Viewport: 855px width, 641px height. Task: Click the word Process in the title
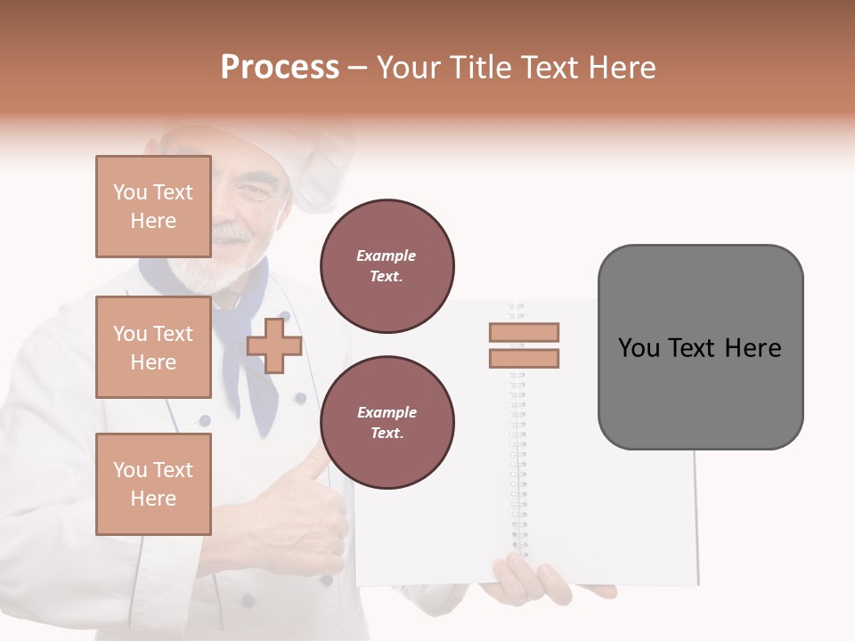[280, 68]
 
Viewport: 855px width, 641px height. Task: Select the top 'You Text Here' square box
[153, 207]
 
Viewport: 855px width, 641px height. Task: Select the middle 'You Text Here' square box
[153, 347]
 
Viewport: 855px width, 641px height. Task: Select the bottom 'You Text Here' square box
[153, 484]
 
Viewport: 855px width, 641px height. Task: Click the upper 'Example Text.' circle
[387, 266]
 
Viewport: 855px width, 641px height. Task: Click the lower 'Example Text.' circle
[387, 423]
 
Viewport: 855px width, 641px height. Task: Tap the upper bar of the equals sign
[524, 332]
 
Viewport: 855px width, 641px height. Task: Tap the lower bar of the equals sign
[524, 359]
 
